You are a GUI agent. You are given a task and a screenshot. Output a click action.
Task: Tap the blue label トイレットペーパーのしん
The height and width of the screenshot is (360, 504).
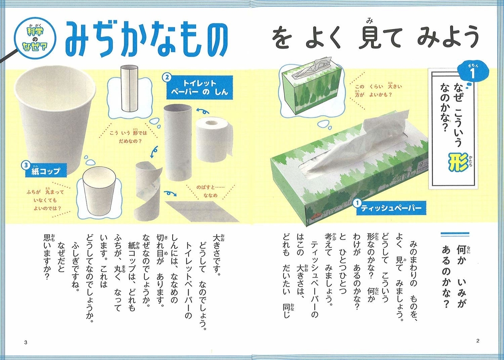pyautogui.click(x=199, y=87)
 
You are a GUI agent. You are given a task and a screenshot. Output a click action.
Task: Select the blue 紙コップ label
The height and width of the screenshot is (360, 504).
pyautogui.click(x=44, y=170)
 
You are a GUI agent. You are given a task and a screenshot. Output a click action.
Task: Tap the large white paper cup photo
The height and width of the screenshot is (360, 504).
pyautogui.click(x=55, y=121)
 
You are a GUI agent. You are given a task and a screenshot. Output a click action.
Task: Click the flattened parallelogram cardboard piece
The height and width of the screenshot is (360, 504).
pyautogui.click(x=202, y=211)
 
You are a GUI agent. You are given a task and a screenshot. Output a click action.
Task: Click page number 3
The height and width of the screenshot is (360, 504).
pyautogui.click(x=26, y=342)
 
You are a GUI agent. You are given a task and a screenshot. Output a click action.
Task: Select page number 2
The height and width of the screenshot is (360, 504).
pyautogui.click(x=478, y=341)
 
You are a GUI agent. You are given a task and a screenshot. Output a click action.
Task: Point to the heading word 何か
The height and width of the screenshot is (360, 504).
pyautogui.click(x=461, y=254)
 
